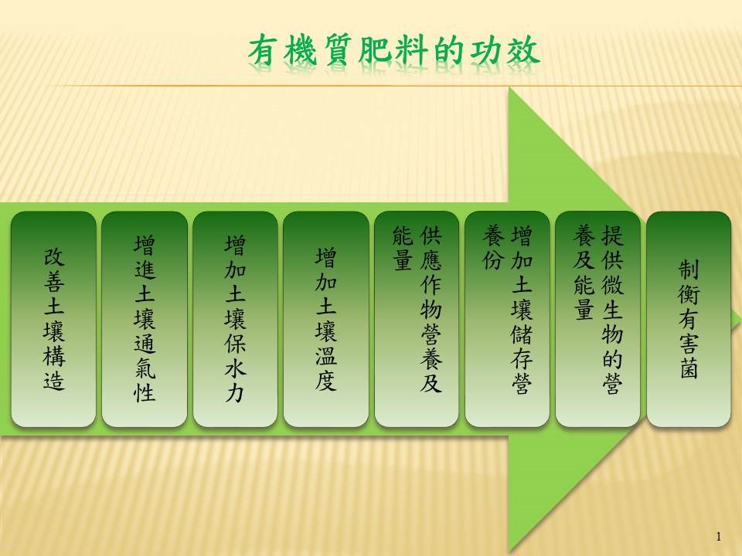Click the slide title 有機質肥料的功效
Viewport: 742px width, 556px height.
tap(393, 50)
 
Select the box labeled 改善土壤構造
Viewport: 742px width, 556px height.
tap(53, 319)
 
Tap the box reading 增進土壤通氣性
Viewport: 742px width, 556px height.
tap(145, 319)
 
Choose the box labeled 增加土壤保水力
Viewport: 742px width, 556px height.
tap(235, 319)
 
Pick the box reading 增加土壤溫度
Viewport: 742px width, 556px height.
tap(326, 319)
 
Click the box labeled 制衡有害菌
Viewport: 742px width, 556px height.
tap(689, 319)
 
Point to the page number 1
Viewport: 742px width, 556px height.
tap(719, 536)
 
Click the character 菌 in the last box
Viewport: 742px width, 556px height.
tap(689, 368)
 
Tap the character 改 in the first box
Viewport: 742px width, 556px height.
tap(53, 257)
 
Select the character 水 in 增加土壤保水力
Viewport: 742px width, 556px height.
tap(235, 368)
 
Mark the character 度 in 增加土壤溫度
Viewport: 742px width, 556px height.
tap(326, 380)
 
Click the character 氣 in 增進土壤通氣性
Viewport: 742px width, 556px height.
tap(145, 368)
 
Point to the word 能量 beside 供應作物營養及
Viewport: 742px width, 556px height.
tap(403, 248)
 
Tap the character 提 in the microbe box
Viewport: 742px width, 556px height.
tap(612, 235)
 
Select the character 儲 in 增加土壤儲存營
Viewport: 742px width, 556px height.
tap(522, 334)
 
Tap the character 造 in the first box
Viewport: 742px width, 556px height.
tap(53, 380)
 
